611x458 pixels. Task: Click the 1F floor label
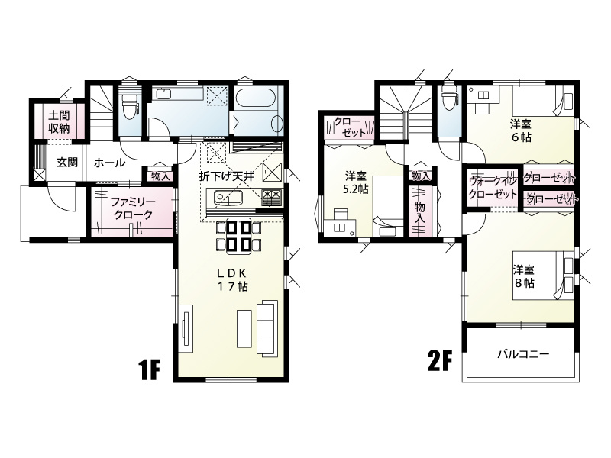click(149, 371)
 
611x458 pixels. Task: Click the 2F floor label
click(440, 362)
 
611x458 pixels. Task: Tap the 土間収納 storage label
click(60, 122)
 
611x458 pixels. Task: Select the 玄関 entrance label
click(67, 163)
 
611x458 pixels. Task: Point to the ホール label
click(109, 163)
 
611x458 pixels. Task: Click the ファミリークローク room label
click(132, 208)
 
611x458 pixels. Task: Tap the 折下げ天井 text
click(226, 176)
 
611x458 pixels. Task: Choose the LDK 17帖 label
click(232, 280)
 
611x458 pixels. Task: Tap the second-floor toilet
click(448, 98)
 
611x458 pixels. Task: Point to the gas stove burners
click(271, 198)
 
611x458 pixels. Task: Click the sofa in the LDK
click(267, 328)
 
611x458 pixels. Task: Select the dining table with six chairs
click(238, 237)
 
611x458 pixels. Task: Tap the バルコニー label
click(523, 354)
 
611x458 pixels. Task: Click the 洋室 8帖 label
click(523, 276)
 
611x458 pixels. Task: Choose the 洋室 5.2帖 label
click(355, 182)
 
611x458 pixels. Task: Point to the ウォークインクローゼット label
click(493, 187)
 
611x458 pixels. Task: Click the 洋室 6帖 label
click(521, 131)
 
